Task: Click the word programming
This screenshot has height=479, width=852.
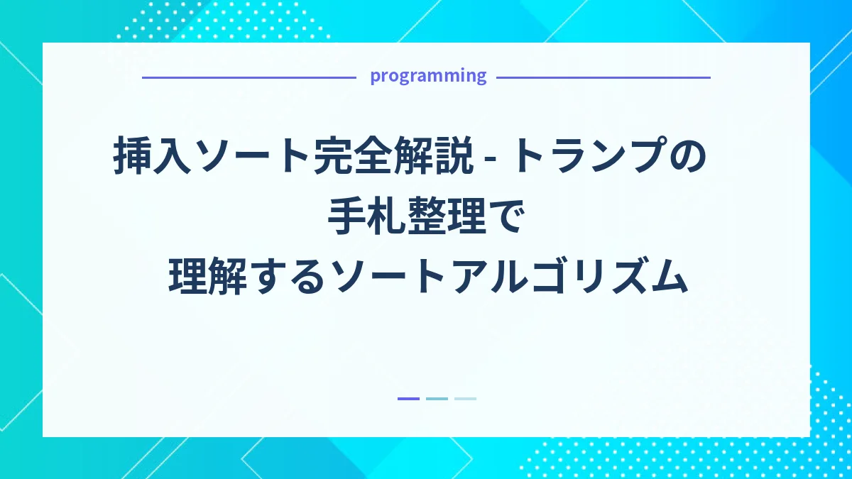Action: coord(428,76)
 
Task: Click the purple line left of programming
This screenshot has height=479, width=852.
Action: coord(249,77)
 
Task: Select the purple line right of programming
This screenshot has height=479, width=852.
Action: coord(603,77)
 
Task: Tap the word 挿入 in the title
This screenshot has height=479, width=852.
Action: coord(152,155)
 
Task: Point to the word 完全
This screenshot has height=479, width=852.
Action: coord(352,155)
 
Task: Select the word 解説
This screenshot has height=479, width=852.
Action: coord(433,155)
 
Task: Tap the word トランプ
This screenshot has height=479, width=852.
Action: coord(589,155)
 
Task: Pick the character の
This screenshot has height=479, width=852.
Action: coord(688,156)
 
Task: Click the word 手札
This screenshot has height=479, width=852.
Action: coord(366,216)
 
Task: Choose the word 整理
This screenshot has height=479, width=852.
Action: coord(447,216)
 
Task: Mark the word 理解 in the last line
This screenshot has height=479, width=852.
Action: coord(207,276)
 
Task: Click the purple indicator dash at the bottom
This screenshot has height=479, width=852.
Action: coord(408,399)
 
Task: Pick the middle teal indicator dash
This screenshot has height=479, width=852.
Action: coord(437,399)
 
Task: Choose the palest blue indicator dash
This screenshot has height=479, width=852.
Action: coord(465,399)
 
